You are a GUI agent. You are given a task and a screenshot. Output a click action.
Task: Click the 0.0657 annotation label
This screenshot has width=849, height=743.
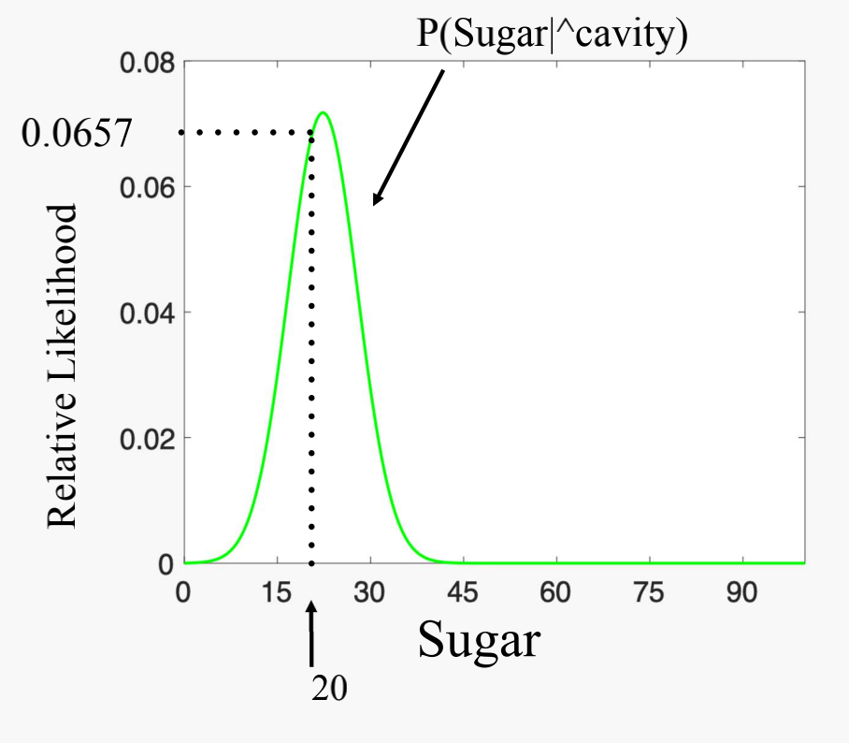click(77, 134)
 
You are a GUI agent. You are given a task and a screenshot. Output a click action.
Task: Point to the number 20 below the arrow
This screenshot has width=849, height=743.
click(328, 688)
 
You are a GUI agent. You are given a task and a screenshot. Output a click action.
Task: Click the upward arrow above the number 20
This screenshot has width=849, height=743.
click(311, 632)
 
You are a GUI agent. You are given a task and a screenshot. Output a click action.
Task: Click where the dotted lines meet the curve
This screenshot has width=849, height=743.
click(311, 133)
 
